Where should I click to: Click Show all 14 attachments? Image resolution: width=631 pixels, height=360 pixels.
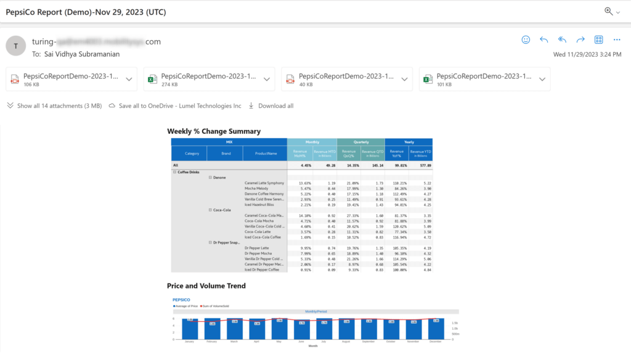click(54, 106)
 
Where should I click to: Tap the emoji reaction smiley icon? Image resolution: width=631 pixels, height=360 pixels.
click(526, 39)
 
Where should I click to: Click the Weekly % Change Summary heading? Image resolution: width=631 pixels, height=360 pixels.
click(214, 131)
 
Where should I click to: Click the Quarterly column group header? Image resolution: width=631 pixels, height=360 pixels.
click(360, 142)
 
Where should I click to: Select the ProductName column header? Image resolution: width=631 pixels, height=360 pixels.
click(264, 153)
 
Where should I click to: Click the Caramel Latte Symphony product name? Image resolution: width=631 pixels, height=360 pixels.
click(264, 183)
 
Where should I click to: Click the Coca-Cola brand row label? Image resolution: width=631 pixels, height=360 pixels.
click(221, 210)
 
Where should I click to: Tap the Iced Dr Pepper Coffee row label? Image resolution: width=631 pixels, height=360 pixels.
click(262, 269)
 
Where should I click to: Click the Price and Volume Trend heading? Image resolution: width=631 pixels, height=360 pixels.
click(206, 286)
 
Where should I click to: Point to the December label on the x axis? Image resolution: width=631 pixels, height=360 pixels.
click(435, 341)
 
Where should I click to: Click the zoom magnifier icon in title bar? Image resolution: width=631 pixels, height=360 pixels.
click(609, 11)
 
